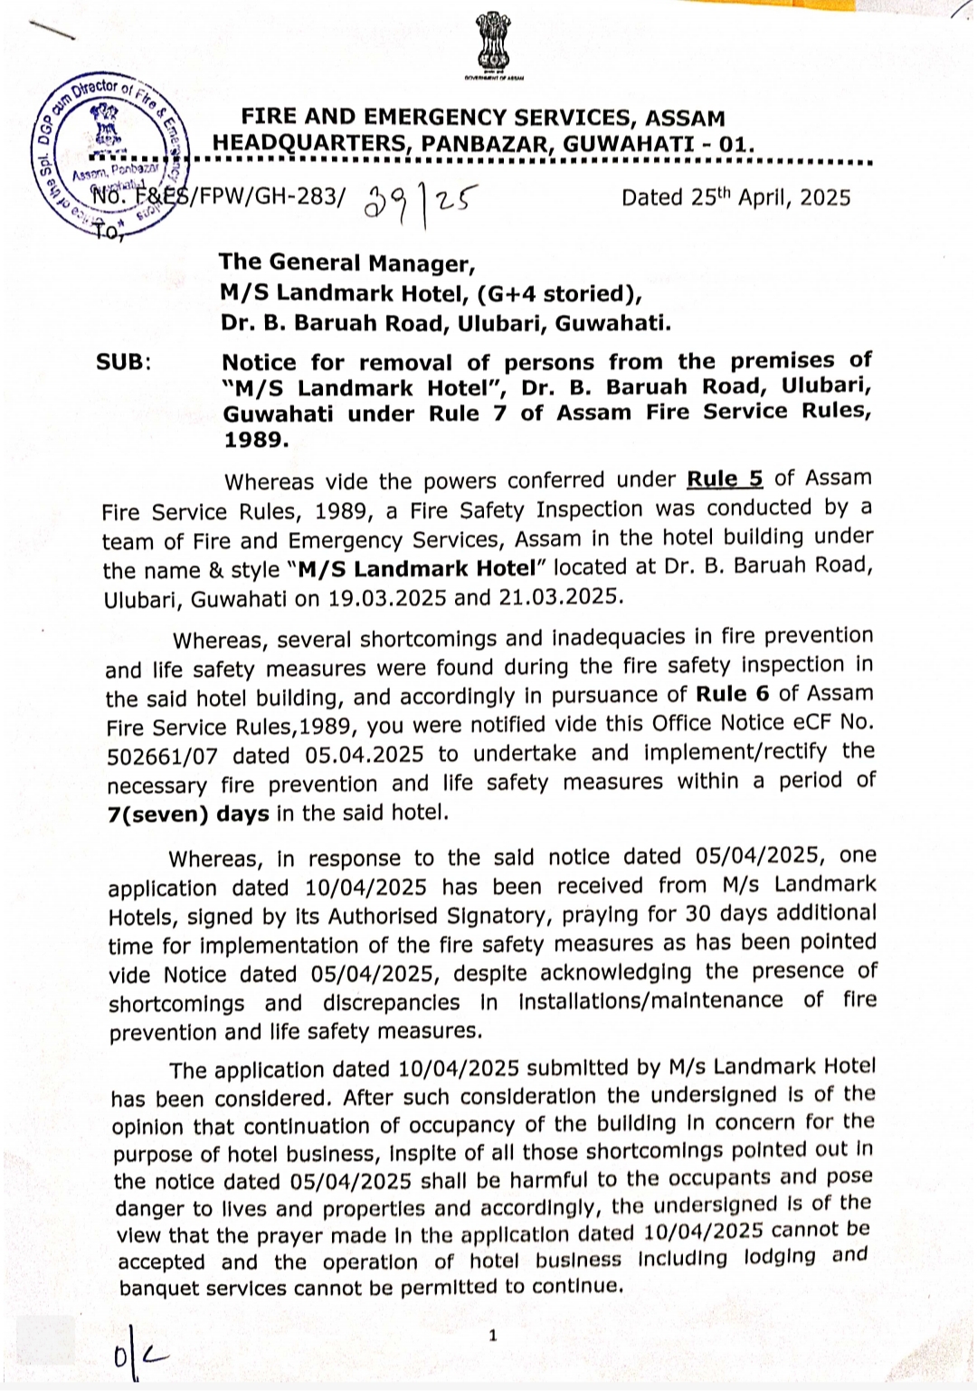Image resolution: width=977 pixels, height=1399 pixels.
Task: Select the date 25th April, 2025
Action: tap(735, 198)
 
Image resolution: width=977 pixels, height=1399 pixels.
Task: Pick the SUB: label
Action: tap(124, 363)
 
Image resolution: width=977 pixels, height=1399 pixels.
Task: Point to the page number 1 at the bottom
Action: tap(493, 1335)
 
